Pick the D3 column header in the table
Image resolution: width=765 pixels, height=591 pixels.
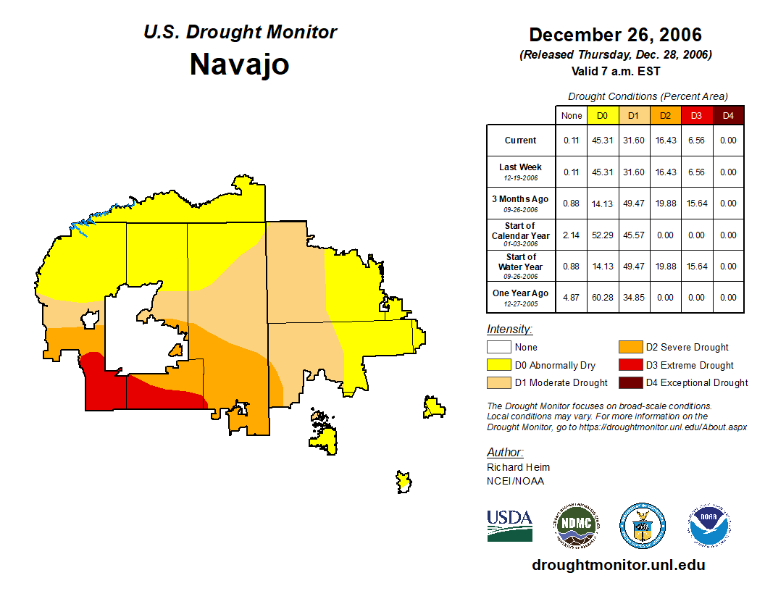(696, 116)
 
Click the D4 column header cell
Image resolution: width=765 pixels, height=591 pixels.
(728, 116)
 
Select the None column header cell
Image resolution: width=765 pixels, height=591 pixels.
(572, 116)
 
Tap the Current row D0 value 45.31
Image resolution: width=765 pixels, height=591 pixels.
(603, 141)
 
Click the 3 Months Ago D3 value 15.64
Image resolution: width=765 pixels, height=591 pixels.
(696, 204)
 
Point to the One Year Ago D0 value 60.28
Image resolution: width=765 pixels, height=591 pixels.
(603, 297)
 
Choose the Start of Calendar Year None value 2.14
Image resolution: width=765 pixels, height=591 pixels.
(572, 235)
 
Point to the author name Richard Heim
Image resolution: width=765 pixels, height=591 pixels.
(518, 467)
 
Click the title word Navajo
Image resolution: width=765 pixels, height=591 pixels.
(240, 64)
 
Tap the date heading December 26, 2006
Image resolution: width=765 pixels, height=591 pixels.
(615, 35)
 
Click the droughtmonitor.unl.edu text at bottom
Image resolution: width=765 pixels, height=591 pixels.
(618, 565)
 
